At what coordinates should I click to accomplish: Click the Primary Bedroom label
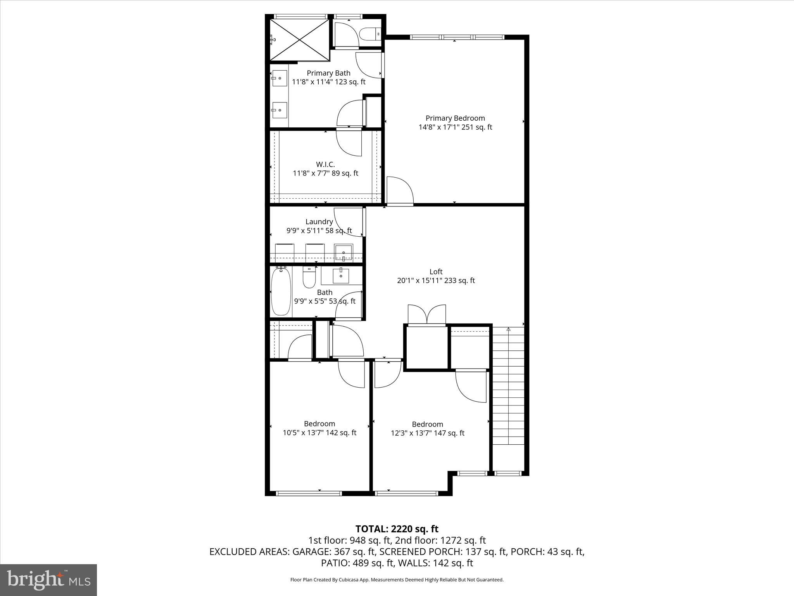[455, 118]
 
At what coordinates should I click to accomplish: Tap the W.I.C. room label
[325, 165]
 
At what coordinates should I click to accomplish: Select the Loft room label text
[436, 272]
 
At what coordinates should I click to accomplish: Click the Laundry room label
[319, 222]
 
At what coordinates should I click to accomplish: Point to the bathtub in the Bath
[281, 291]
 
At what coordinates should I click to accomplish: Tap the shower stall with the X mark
[299, 40]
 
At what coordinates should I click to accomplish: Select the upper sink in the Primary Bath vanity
[279, 78]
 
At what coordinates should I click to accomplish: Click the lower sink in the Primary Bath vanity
[279, 110]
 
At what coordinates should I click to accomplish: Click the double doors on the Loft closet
[427, 314]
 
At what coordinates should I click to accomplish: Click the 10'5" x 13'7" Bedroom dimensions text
[319, 433]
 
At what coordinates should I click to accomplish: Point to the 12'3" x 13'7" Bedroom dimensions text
[427, 433]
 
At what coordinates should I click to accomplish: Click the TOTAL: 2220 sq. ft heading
[397, 529]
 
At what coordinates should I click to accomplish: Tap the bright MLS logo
[48, 579]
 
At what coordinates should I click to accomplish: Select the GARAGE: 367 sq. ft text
[334, 551]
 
